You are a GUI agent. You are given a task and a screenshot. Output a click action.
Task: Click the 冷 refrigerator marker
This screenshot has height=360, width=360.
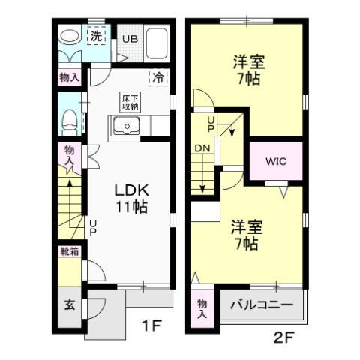click(158, 76)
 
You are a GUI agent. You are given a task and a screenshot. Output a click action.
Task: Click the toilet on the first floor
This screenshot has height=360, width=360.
click(68, 119)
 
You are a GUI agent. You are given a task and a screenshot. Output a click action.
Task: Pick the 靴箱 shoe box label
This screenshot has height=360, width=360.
click(69, 253)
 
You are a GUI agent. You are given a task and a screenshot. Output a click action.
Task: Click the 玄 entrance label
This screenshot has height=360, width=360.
click(69, 306)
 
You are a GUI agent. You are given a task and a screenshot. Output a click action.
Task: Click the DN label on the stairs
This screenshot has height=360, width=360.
click(202, 149)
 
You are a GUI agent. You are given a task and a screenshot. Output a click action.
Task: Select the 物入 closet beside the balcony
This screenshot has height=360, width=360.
click(202, 307)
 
